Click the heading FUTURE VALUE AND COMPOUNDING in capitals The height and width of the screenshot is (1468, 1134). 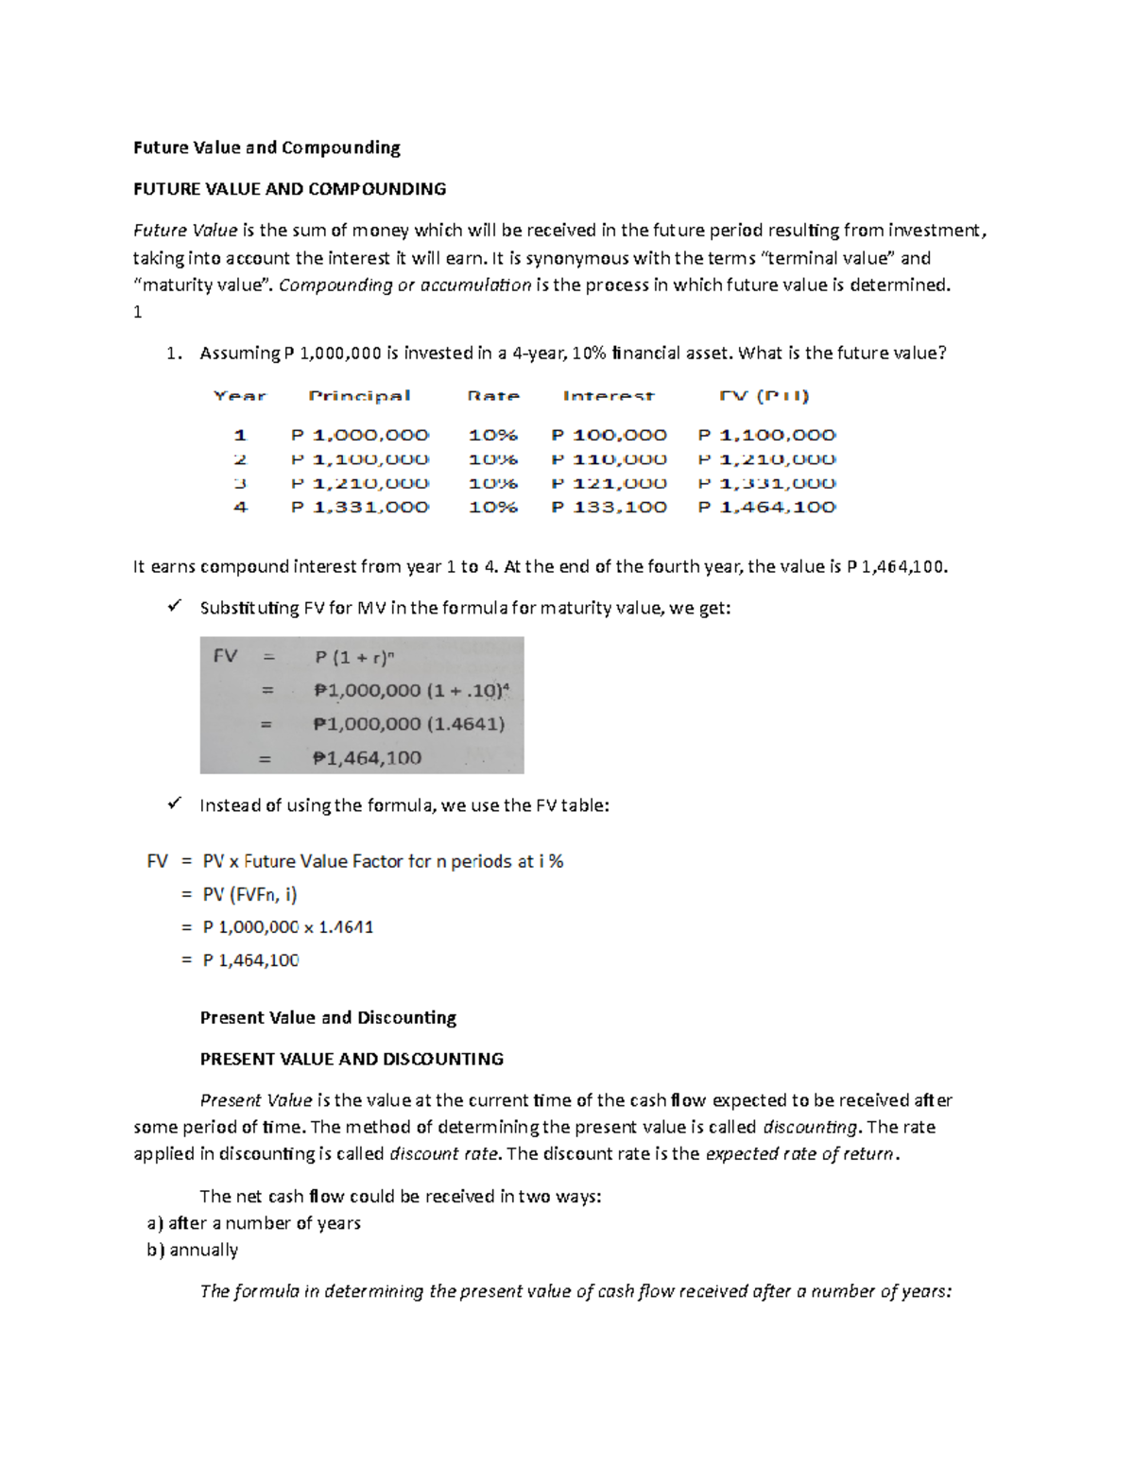[x=289, y=189]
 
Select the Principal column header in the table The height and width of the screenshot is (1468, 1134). [x=359, y=396]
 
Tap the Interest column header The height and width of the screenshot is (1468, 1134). [x=608, y=396]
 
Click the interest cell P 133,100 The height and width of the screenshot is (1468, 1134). [x=609, y=508]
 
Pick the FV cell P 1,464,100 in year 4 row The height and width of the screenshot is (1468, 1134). [x=766, y=508]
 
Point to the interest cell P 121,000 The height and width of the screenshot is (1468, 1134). [x=609, y=483]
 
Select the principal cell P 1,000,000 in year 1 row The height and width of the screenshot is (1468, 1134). [x=359, y=435]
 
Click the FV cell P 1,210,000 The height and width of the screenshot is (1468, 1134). [x=766, y=459]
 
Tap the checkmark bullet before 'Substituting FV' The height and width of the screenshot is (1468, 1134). [x=174, y=607]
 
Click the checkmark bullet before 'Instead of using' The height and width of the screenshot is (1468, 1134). [x=174, y=803]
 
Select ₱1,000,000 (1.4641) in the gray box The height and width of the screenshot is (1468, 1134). [x=408, y=724]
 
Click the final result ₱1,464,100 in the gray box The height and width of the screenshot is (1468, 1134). [x=367, y=758]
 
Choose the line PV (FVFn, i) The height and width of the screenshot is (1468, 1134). [x=249, y=894]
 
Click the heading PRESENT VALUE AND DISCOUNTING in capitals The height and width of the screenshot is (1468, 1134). [x=352, y=1059]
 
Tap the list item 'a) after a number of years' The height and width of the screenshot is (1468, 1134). [x=253, y=1223]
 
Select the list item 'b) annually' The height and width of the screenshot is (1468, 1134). [x=192, y=1250]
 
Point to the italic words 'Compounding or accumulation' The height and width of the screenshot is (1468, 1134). [x=404, y=285]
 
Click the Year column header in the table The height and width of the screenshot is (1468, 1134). [x=240, y=396]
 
